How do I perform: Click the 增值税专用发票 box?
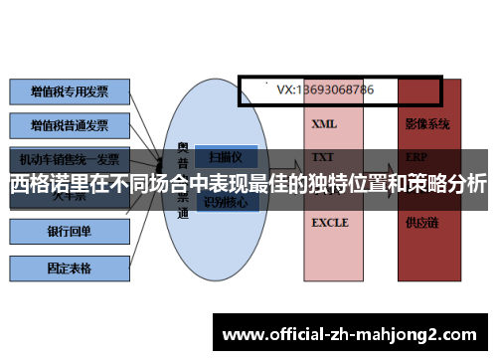70,91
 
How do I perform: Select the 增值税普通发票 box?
70,126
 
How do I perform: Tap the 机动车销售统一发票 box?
70,159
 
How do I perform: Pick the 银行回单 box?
70,232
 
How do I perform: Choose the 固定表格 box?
70,268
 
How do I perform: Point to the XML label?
324,125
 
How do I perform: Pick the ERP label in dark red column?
417,157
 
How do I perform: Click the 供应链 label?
421,224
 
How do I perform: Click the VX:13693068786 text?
325,90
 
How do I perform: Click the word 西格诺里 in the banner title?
46,184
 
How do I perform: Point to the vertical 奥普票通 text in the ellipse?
183,179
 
